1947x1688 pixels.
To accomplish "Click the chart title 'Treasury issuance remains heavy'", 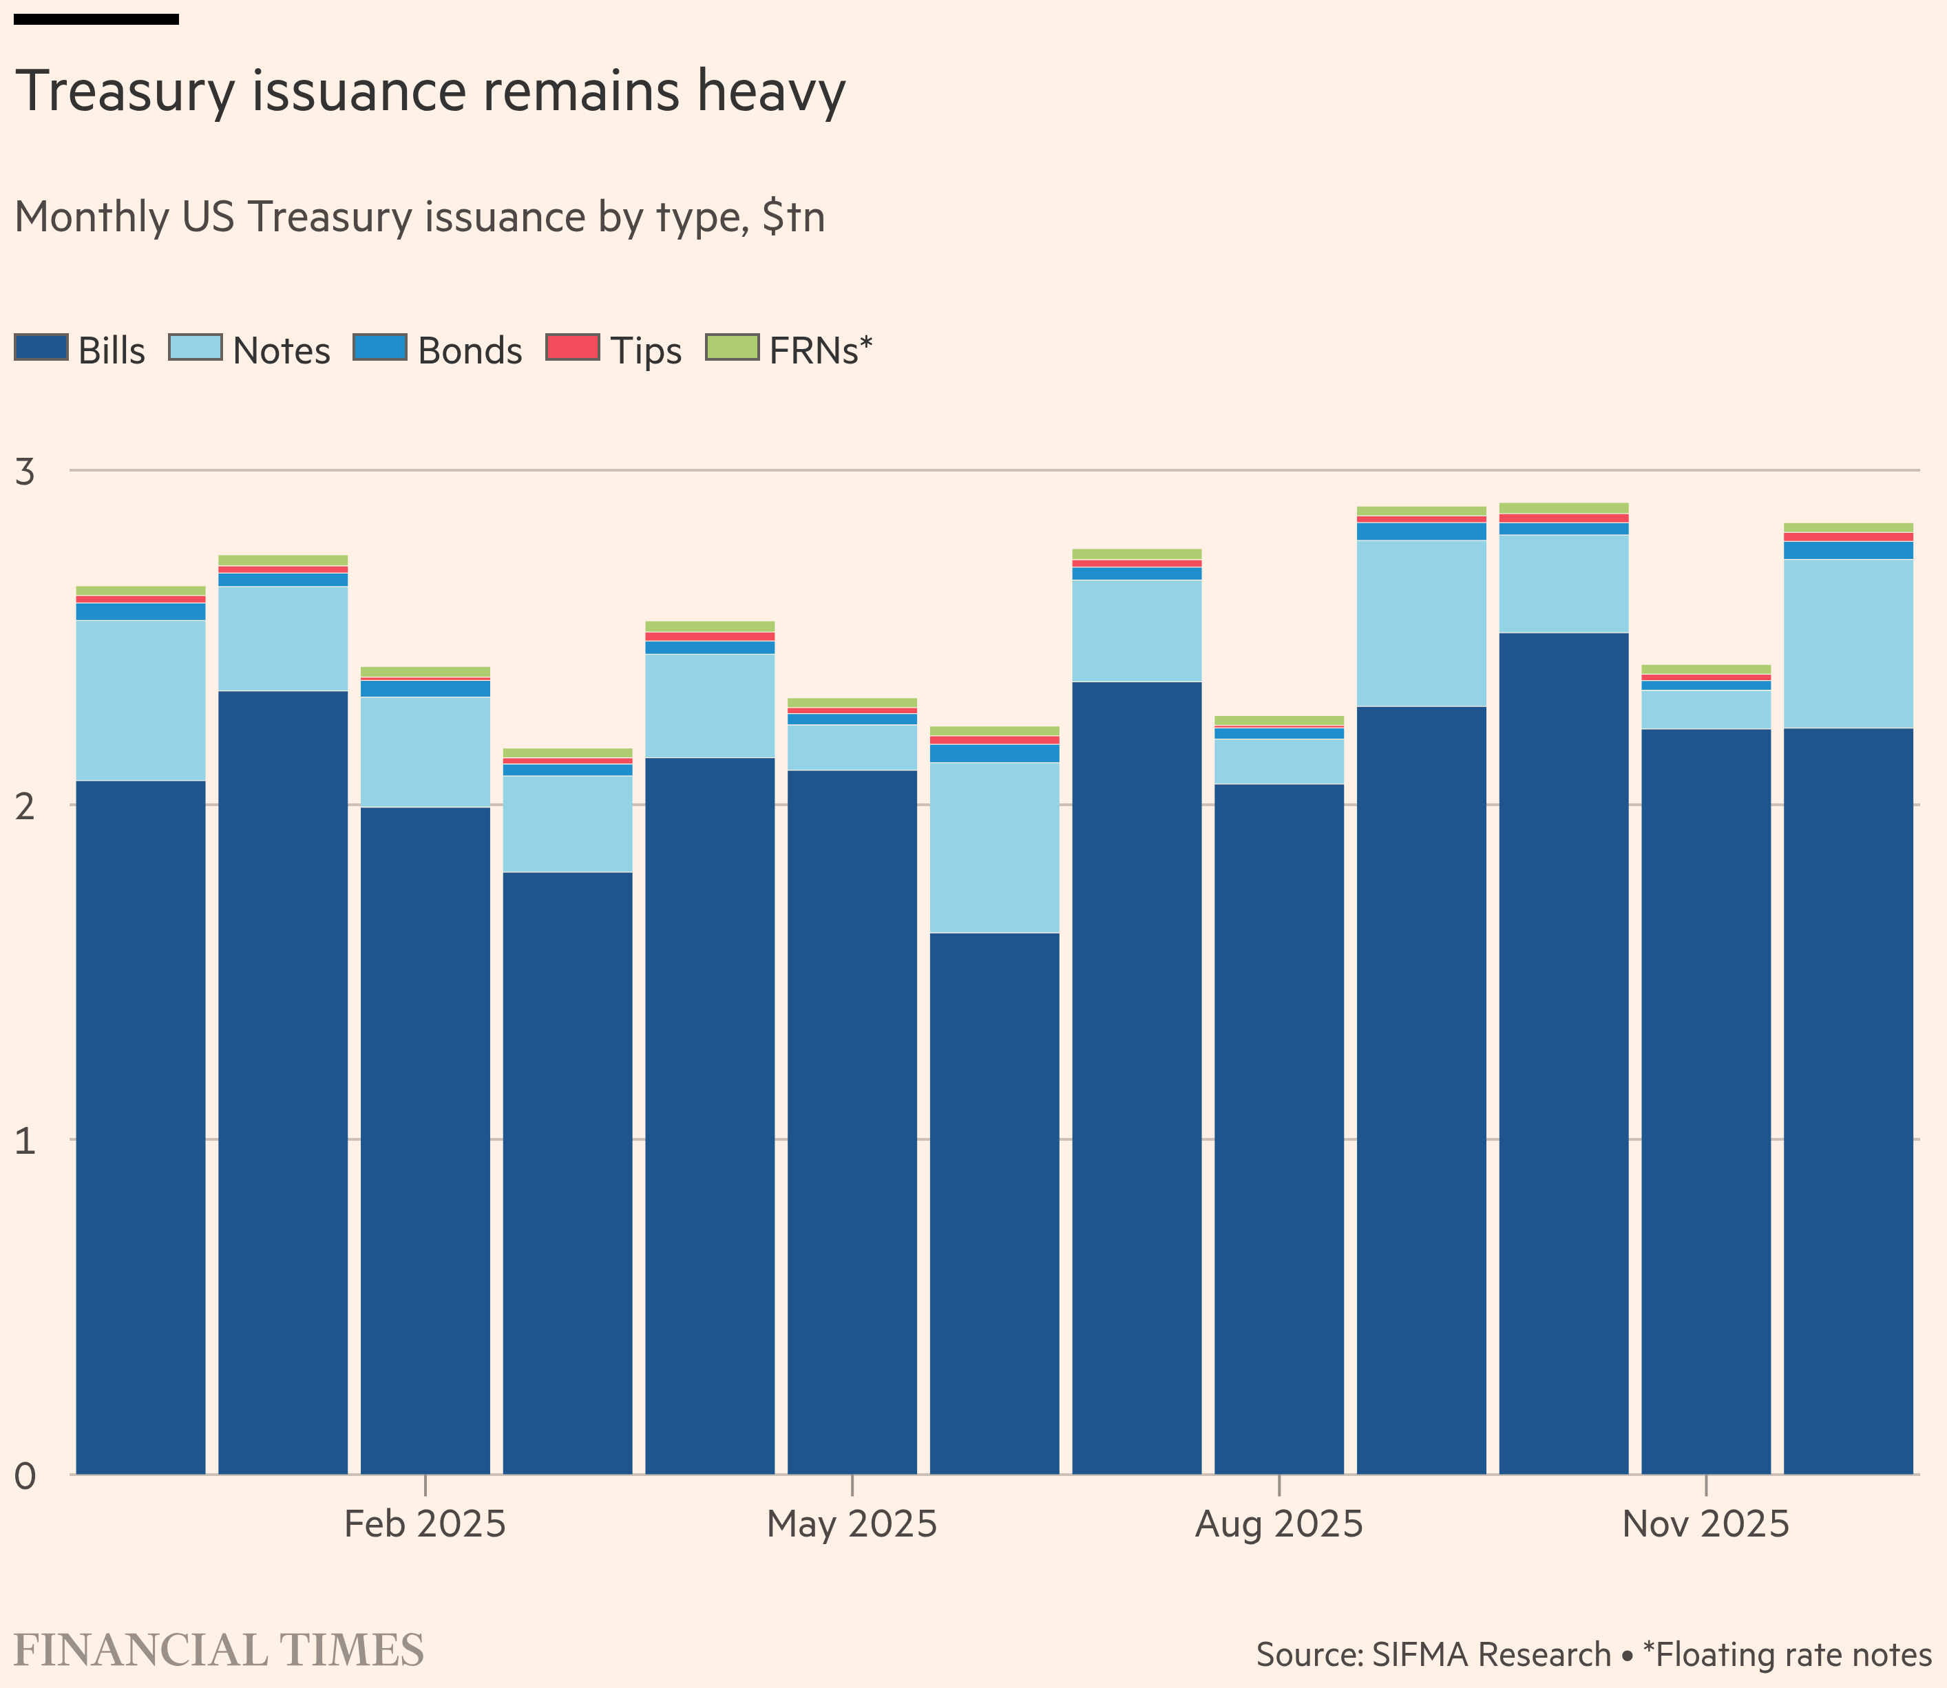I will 430,92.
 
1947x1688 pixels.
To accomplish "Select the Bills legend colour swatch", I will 41,348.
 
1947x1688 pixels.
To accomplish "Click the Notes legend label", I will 281,351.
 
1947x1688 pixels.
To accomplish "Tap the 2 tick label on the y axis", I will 25,806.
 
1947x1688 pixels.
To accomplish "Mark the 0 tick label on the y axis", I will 25,1476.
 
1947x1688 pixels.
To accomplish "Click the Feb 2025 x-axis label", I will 425,1524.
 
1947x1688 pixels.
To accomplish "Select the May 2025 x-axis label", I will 852,1524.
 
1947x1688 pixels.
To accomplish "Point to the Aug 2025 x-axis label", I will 1278,1524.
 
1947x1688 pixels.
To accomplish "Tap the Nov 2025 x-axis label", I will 1705,1524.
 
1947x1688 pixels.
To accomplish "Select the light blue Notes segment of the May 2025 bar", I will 852,747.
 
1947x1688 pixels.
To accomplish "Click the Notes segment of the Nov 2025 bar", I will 1705,709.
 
